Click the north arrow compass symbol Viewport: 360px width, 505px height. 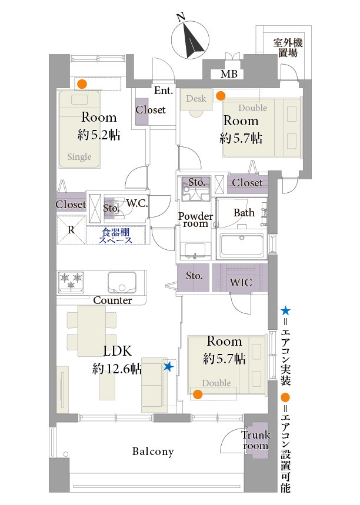[190, 39]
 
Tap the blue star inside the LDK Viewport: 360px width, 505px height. [169, 366]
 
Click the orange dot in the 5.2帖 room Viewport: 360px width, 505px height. [82, 85]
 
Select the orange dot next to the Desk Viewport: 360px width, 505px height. [221, 96]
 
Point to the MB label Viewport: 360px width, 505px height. [229, 74]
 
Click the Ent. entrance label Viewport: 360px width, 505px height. [164, 91]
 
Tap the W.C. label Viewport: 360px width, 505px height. [137, 203]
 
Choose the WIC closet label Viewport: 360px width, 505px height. [241, 282]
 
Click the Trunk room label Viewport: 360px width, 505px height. [256, 440]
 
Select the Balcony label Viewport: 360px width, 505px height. [153, 452]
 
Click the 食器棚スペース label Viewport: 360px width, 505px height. [115, 236]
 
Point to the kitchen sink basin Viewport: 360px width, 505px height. [122, 282]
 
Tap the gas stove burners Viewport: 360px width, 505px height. [71, 282]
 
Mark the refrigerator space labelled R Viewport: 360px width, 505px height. [71, 230]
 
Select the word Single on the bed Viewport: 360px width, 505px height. [79, 157]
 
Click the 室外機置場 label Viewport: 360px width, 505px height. [288, 48]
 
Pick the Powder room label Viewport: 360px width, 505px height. [196, 220]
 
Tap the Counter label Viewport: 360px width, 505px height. [112, 300]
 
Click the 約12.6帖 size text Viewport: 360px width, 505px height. [117, 369]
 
